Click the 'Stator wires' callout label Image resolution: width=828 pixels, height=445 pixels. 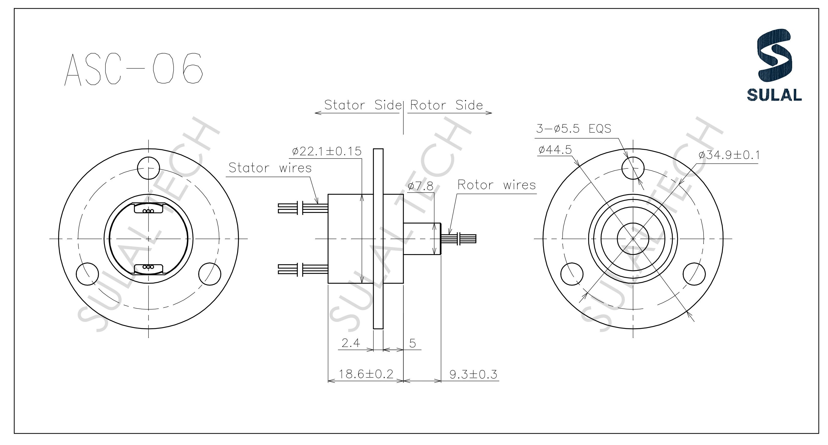(270, 168)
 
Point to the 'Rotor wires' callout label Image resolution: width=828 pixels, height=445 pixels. (497, 185)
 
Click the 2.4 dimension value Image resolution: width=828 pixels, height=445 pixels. (351, 343)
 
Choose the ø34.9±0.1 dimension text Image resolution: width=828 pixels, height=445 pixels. (729, 155)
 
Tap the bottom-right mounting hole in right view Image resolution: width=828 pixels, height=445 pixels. (694, 273)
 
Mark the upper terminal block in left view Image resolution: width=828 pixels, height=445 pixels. (149, 209)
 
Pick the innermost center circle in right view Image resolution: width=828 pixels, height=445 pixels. (633, 238)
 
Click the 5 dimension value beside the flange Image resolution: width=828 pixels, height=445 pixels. (413, 343)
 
